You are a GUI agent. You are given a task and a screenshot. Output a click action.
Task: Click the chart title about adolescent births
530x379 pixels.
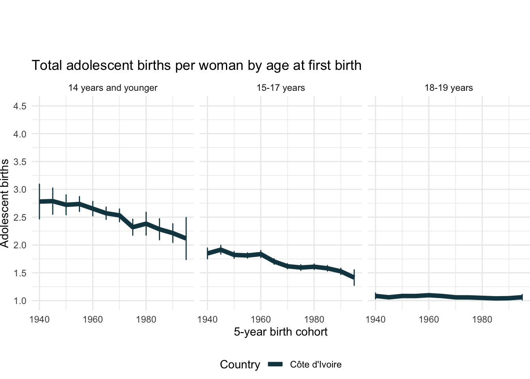pos(196,65)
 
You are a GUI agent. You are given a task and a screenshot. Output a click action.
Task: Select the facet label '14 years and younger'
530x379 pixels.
pos(113,88)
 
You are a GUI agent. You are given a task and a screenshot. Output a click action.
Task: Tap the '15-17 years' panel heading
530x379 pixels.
pos(281,88)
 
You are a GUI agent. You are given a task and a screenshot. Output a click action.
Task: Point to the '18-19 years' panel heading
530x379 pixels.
pos(449,88)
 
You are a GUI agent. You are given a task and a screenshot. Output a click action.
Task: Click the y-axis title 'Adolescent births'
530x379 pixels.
pos(5,203)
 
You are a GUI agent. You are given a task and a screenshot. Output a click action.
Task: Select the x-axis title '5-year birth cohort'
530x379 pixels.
pos(281,332)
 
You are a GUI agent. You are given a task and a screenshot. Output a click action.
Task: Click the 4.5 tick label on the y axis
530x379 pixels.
pos(20,106)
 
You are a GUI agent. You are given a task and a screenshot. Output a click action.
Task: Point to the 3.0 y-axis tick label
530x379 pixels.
pos(20,189)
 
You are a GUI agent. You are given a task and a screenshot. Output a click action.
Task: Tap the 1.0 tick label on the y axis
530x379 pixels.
pos(20,301)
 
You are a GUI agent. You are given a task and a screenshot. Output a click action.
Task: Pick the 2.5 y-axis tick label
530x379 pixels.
pos(20,218)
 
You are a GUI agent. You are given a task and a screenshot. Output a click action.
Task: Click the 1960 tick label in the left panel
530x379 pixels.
pos(93,319)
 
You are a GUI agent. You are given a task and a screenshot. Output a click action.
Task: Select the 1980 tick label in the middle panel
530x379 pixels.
pos(314,319)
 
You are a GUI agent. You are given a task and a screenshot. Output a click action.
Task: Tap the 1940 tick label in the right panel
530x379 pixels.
pos(375,319)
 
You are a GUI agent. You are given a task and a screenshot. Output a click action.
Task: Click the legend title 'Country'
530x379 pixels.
pos(240,364)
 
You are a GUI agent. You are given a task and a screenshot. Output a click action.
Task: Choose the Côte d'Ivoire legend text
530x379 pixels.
pos(315,364)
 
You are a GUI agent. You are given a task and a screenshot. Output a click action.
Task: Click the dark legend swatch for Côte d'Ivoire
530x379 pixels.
pos(275,364)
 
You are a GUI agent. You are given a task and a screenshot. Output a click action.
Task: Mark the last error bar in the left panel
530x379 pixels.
pos(186,238)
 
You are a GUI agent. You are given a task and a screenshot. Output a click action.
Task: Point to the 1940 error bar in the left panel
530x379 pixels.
pos(39,201)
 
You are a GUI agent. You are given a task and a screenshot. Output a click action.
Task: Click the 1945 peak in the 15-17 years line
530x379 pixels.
pos(221,250)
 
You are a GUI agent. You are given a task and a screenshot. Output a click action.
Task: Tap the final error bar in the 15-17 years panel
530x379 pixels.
pos(354,277)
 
